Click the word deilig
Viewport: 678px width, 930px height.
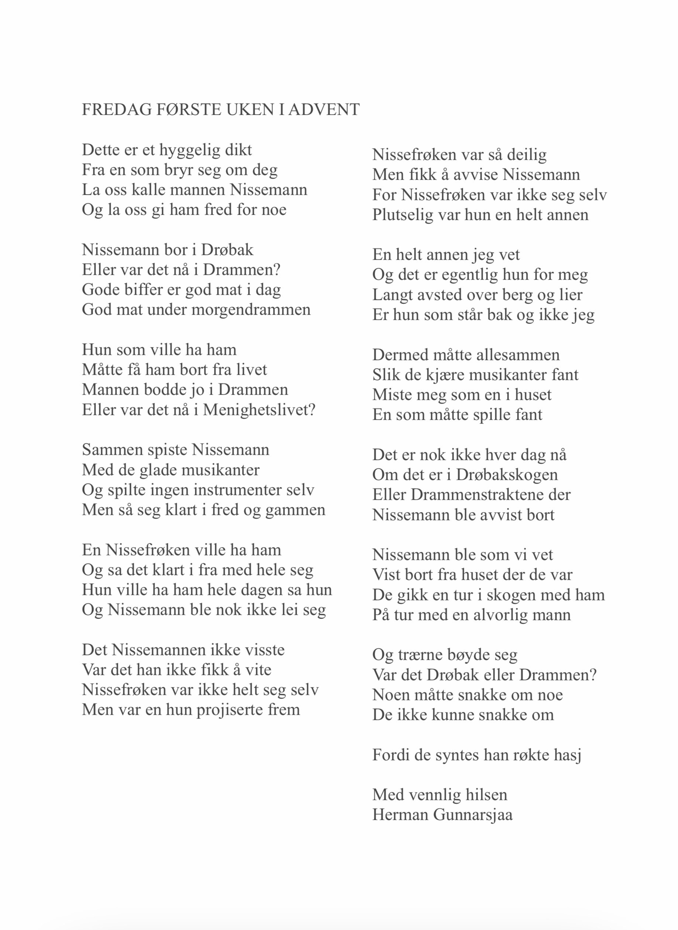click(527, 155)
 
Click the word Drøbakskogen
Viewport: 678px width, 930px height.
click(507, 475)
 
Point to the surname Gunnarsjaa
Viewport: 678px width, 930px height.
click(473, 815)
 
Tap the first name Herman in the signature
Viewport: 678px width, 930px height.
click(400, 815)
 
